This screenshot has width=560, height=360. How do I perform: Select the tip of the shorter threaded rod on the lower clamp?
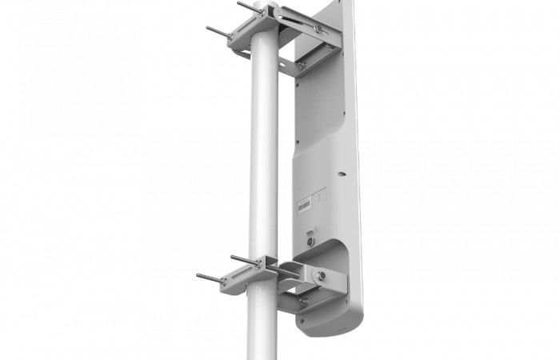tap(233, 258)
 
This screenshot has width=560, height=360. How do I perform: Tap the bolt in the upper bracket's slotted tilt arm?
tap(318, 29)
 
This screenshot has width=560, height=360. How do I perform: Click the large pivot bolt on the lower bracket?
tap(320, 274)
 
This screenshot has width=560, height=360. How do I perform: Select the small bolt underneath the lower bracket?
tap(303, 302)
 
